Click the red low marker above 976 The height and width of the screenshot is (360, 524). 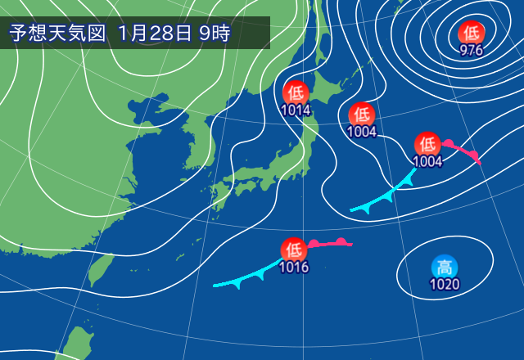point(471,34)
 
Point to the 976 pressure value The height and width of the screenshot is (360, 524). point(471,50)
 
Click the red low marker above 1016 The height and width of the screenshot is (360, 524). point(294,250)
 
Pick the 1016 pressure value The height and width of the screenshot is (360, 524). point(294,267)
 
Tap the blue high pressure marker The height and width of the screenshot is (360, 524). point(445,268)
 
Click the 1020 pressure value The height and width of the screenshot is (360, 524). point(445,285)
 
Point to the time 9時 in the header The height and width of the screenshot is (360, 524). point(215,34)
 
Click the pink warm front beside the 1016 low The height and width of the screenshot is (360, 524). point(332,243)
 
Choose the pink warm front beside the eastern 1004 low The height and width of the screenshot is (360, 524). point(461,151)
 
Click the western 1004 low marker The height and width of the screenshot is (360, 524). point(362,115)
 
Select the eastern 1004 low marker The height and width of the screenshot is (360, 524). point(427,144)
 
